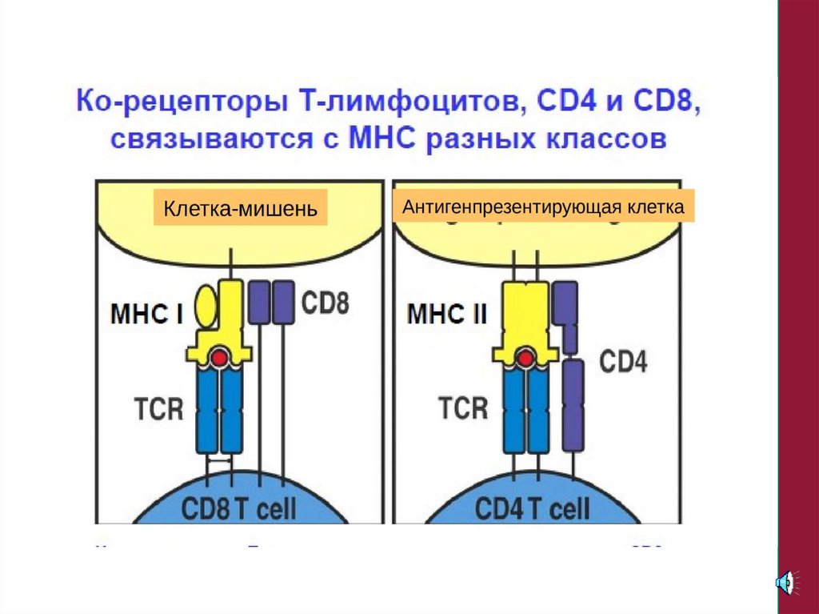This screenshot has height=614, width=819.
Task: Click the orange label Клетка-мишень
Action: pyautogui.click(x=241, y=208)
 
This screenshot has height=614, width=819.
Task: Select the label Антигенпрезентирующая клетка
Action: pyautogui.click(x=544, y=207)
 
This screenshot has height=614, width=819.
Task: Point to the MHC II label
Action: pyautogui.click(x=447, y=312)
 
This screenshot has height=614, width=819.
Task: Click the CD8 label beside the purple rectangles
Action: pyautogui.click(x=326, y=303)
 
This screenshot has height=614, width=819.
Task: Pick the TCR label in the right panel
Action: pyautogui.click(x=463, y=407)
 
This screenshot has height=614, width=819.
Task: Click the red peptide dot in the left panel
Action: pyautogui.click(x=219, y=357)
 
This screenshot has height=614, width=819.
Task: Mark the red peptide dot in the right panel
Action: pyautogui.click(x=525, y=358)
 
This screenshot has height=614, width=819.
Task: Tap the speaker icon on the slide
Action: pyautogui.click(x=786, y=582)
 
